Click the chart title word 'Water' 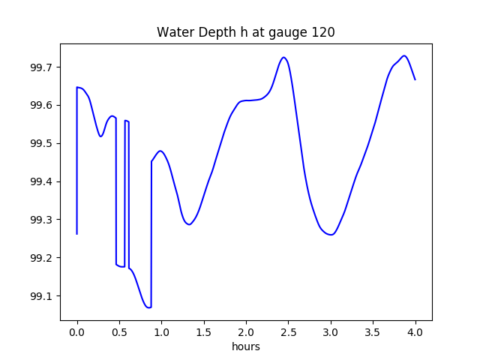tap(173, 33)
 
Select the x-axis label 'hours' tap(246, 347)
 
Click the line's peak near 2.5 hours tap(283, 57)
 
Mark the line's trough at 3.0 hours tap(331, 235)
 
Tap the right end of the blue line tap(415, 79)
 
